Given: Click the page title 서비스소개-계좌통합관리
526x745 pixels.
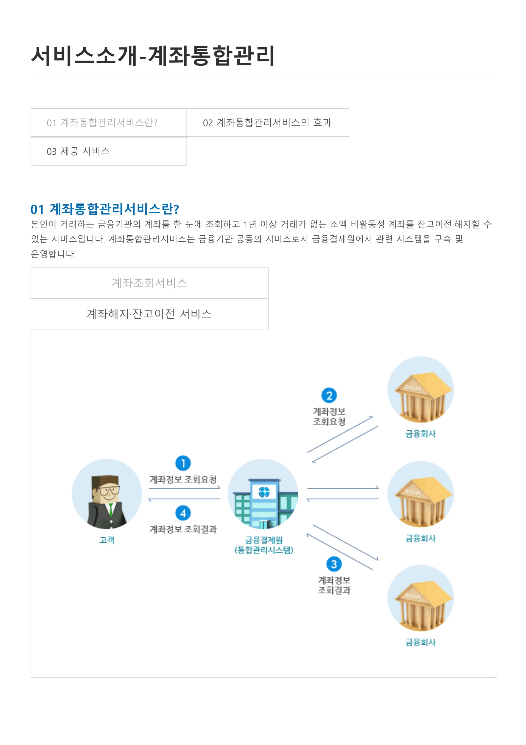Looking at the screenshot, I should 153,56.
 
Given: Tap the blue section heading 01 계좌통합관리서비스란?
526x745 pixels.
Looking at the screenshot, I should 105,209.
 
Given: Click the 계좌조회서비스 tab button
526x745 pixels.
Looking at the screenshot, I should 149,283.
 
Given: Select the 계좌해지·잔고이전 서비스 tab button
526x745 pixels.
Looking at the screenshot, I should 149,314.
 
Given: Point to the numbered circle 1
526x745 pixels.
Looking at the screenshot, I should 183,463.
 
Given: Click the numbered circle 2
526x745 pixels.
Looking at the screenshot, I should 329,396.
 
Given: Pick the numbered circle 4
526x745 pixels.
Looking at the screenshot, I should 183,513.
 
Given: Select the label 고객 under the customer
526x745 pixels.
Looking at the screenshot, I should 107,540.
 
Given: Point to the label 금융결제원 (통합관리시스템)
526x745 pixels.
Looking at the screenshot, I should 264,545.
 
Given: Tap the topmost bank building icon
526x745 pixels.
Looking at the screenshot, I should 421,390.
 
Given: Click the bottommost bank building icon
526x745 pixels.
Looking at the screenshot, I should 421,598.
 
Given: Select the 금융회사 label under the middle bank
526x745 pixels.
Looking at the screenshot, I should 421,538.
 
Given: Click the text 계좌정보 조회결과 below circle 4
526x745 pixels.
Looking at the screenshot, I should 183,529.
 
